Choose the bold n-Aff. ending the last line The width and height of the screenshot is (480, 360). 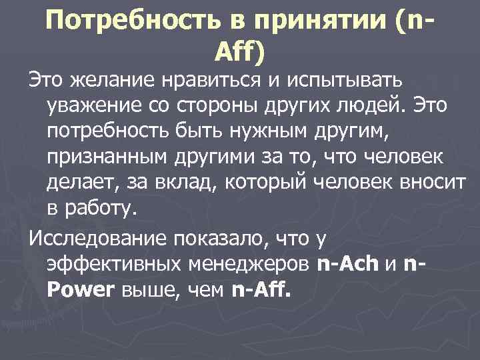pyautogui.click(x=262, y=289)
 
